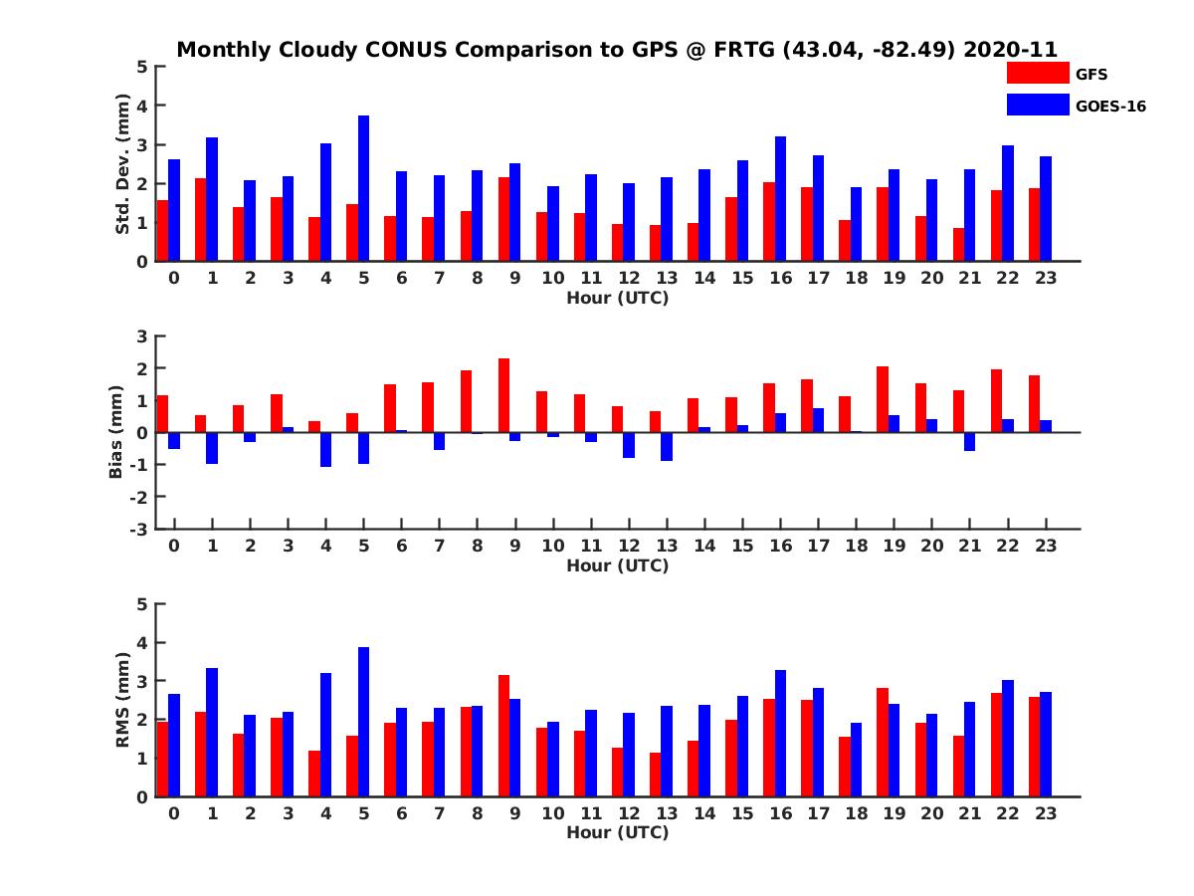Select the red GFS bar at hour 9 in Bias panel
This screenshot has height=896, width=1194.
pos(504,395)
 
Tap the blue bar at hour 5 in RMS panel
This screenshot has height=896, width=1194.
pos(364,722)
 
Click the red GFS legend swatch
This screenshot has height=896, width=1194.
pos(1037,73)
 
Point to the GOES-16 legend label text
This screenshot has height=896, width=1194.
pos(1110,106)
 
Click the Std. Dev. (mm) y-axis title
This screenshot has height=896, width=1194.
pos(123,164)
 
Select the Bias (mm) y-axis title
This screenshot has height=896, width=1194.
pos(116,433)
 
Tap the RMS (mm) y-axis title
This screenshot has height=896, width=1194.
pos(123,700)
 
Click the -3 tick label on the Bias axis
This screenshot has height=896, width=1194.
pos(139,529)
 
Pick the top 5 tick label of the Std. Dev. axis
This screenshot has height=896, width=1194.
pos(143,67)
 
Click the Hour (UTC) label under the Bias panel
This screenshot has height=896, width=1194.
pos(617,565)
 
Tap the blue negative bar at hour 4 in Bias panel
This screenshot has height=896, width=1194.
pos(326,449)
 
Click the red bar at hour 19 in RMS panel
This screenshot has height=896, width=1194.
pos(883,742)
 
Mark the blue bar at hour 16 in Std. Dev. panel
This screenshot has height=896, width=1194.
pos(781,199)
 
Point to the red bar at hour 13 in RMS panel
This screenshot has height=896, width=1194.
pos(656,775)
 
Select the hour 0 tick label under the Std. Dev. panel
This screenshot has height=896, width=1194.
pos(174,278)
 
